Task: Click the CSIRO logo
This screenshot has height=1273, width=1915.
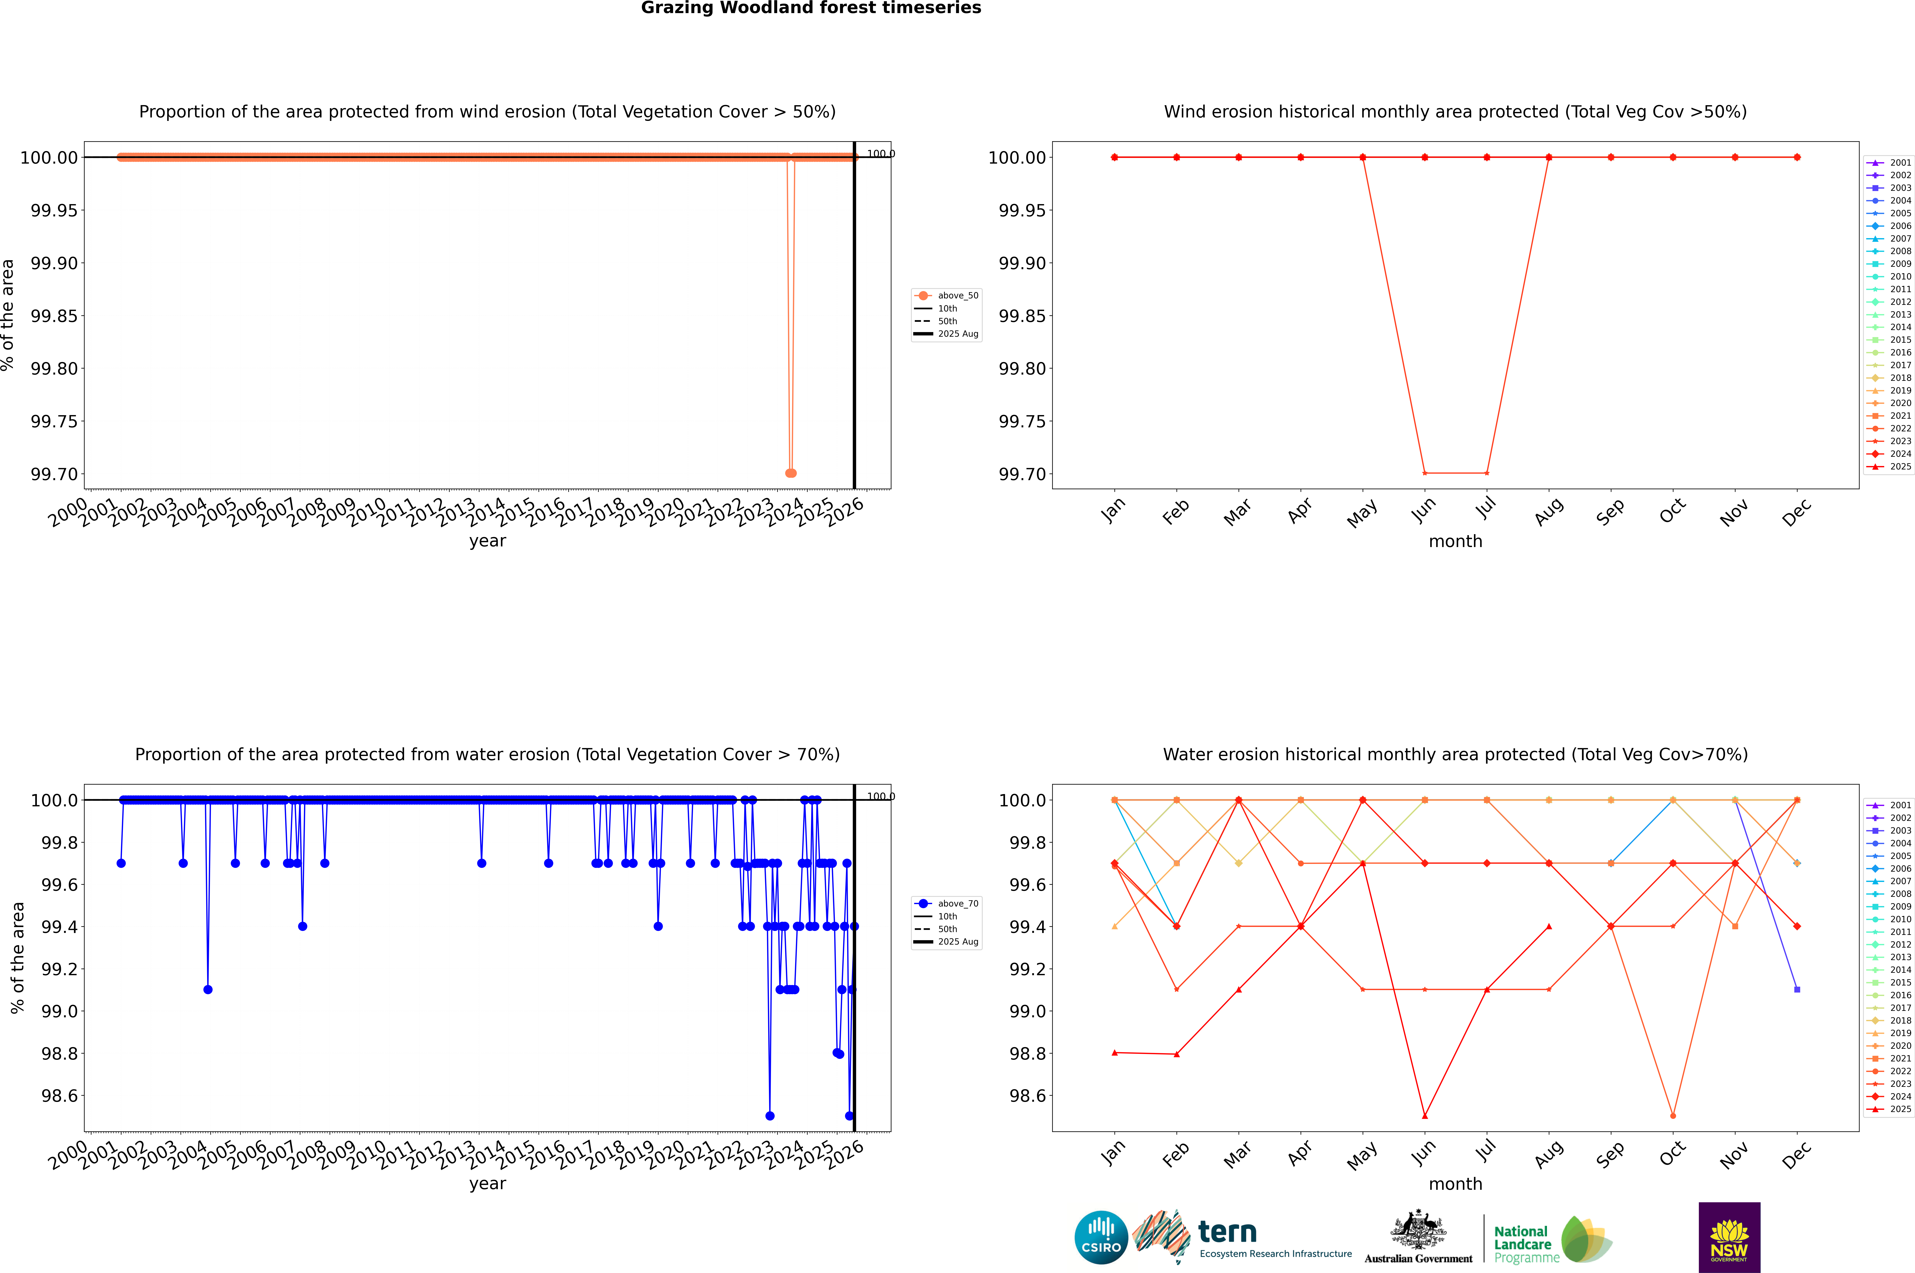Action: coord(1101,1237)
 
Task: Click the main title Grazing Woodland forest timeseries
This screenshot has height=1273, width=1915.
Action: coord(811,8)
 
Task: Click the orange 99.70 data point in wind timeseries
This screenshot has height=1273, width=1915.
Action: coord(791,473)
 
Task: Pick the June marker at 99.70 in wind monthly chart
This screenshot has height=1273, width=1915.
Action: coord(1425,473)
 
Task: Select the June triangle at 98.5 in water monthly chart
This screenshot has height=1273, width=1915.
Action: coord(1425,1115)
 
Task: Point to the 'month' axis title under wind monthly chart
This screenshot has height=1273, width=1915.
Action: coord(1455,542)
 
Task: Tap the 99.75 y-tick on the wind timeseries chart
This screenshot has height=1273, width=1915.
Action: coord(54,421)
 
